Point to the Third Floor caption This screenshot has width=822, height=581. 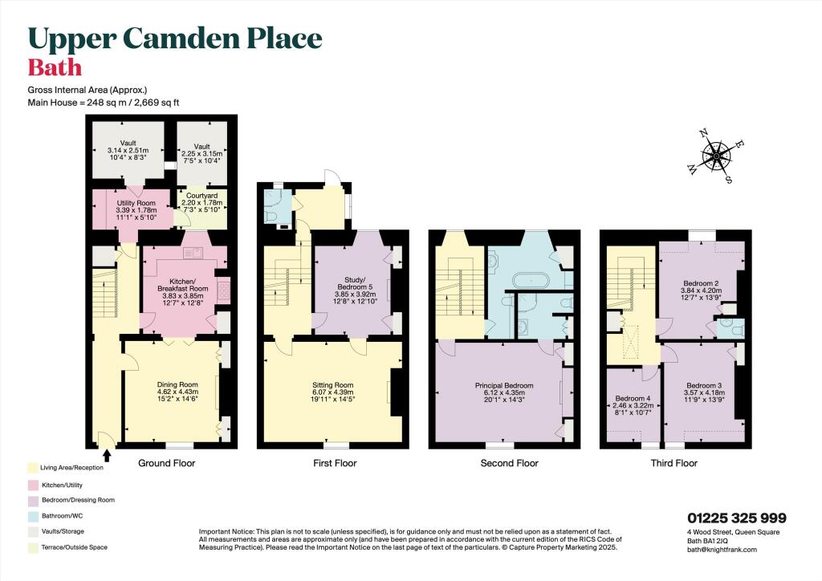675,463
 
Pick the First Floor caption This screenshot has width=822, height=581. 335,463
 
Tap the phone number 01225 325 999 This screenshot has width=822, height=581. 736,518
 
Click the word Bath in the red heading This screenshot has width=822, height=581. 55,67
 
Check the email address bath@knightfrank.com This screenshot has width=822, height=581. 722,550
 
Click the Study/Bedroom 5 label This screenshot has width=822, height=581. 354,282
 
